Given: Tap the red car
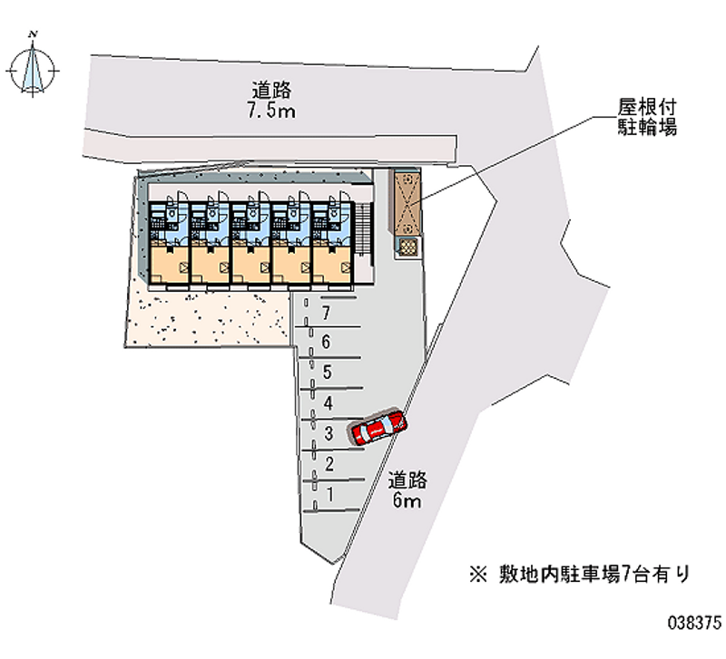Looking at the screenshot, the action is (378, 426).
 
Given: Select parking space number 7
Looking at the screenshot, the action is (327, 313).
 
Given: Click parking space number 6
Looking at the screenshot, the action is (327, 343).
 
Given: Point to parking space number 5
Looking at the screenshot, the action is (328, 373).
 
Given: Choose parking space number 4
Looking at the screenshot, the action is (329, 403).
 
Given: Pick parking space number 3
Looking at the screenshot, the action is (329, 434).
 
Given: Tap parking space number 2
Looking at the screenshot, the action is (329, 464).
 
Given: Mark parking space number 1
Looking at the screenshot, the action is (330, 495).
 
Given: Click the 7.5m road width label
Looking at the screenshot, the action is (271, 101).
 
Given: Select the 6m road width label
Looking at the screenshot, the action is (407, 489).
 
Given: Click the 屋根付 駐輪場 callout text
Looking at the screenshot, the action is (647, 117).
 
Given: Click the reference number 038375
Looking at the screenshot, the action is (694, 622).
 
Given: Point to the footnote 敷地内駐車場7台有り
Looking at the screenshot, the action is (580, 575).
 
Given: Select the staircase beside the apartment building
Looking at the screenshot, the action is (364, 228).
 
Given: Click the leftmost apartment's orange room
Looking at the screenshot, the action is (169, 265).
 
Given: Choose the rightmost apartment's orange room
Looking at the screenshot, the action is (332, 265).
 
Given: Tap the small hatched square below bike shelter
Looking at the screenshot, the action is (407, 247).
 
